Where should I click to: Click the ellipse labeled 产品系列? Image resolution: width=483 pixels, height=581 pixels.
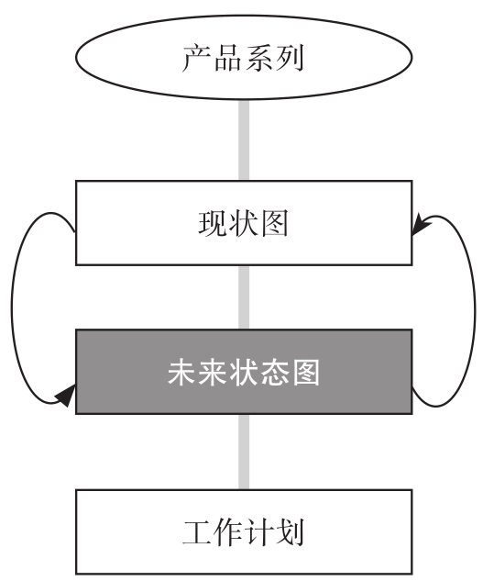tap(244, 57)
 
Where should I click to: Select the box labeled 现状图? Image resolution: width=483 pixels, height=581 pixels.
tap(244, 223)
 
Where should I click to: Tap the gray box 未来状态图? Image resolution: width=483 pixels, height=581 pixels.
tap(244, 372)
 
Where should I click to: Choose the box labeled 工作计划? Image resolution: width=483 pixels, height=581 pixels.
tap(244, 532)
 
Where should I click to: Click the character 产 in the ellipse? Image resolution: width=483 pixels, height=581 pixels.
tap(197, 58)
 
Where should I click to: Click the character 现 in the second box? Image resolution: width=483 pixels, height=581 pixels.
tap(213, 223)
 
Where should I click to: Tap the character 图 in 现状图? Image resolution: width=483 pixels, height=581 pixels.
tap(274, 223)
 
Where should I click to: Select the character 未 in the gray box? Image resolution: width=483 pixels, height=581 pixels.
tap(181, 372)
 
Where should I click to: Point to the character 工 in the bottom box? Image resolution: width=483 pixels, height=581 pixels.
tap(197, 532)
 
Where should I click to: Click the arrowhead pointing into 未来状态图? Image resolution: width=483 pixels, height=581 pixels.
tap(66, 396)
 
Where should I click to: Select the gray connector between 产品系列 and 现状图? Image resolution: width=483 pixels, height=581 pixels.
tap(244, 140)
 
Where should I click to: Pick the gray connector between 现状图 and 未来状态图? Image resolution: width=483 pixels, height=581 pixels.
tap(244, 297)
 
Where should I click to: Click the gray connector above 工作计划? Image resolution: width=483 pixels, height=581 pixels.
tap(244, 452)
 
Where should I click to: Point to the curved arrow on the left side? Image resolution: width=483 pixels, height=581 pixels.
tap(12, 307)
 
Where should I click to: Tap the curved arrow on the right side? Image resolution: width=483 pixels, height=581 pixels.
tap(475, 311)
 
